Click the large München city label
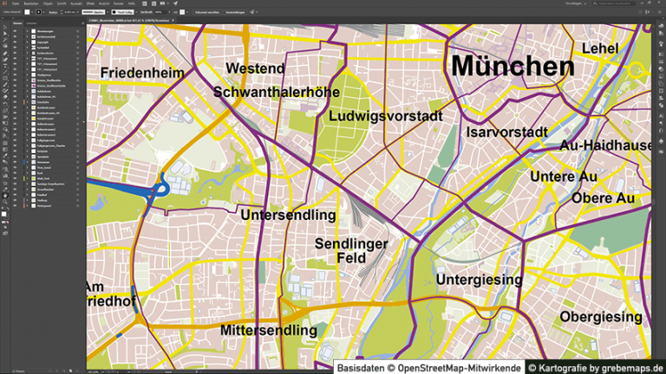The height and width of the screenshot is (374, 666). point(513,66)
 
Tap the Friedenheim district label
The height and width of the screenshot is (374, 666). point(142,73)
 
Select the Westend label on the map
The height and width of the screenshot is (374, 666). point(255,68)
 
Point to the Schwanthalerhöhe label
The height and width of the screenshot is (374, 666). point(275,92)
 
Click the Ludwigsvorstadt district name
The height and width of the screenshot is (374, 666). point(385,115)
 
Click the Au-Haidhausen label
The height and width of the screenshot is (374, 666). point(605,145)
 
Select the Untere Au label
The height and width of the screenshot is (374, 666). point(564,177)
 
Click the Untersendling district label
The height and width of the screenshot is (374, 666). point(288,215)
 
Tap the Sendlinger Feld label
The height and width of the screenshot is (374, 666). point(351,251)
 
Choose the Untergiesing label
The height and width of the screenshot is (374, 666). point(479,280)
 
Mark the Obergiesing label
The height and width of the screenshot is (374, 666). point(600,317)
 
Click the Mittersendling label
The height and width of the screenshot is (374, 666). point(268,330)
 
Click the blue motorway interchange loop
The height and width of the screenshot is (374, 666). point(159,190)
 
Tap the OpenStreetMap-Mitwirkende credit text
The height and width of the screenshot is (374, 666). point(428,366)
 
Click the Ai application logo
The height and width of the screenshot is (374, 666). point(4,3)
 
